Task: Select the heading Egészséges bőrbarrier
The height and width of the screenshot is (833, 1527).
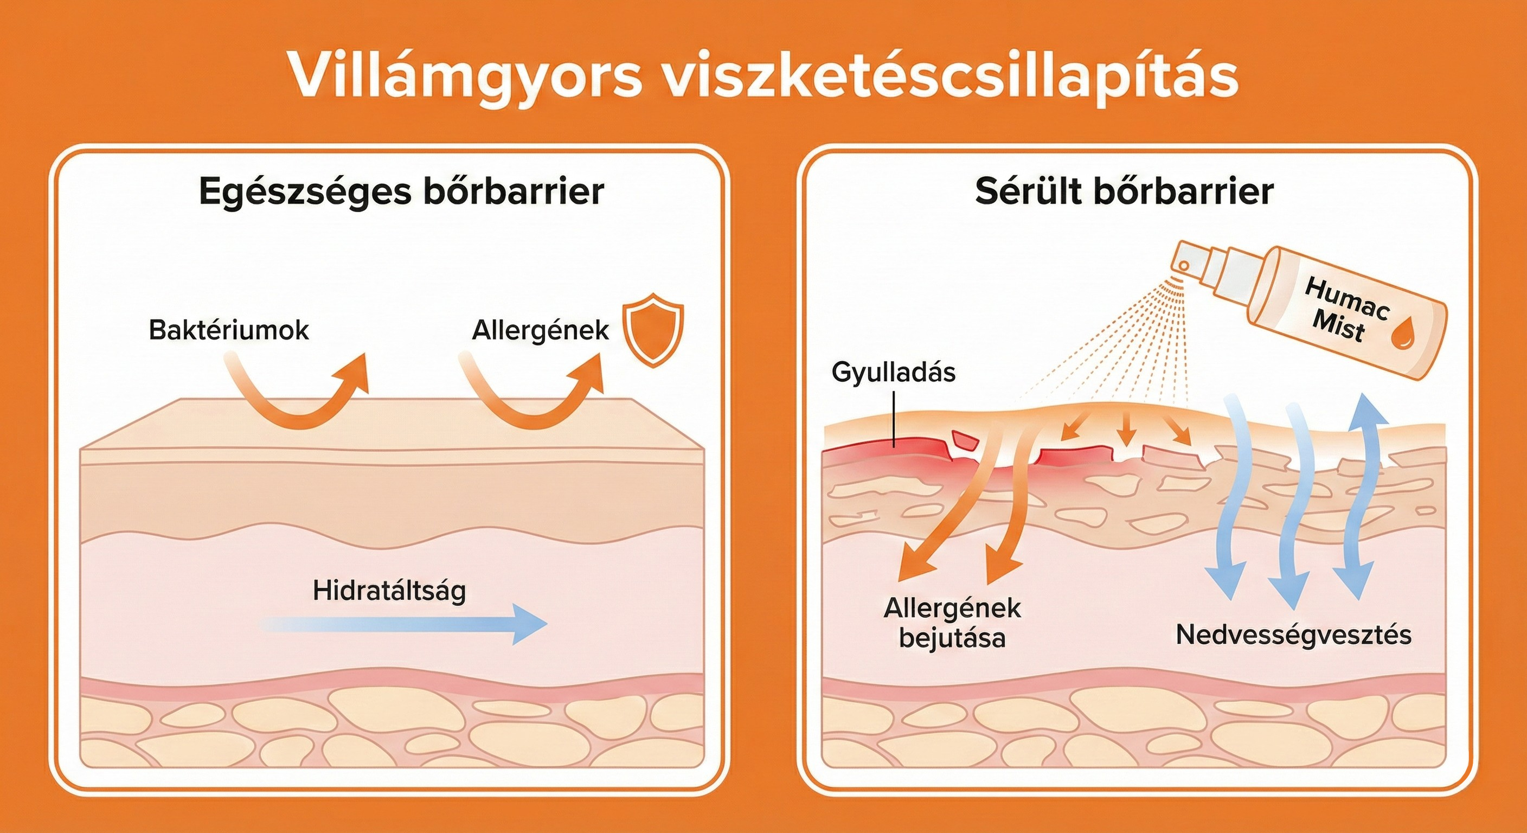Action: [x=401, y=191]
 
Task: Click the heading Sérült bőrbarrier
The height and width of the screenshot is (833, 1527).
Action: [x=1124, y=191]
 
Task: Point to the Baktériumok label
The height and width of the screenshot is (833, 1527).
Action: [x=228, y=330]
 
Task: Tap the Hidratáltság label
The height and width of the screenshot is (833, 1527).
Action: [x=389, y=591]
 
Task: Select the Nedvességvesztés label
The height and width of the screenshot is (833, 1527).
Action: [x=1293, y=635]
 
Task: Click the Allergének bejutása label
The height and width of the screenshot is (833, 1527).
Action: [x=952, y=623]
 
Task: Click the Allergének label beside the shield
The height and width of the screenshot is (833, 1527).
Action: [x=540, y=331]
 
